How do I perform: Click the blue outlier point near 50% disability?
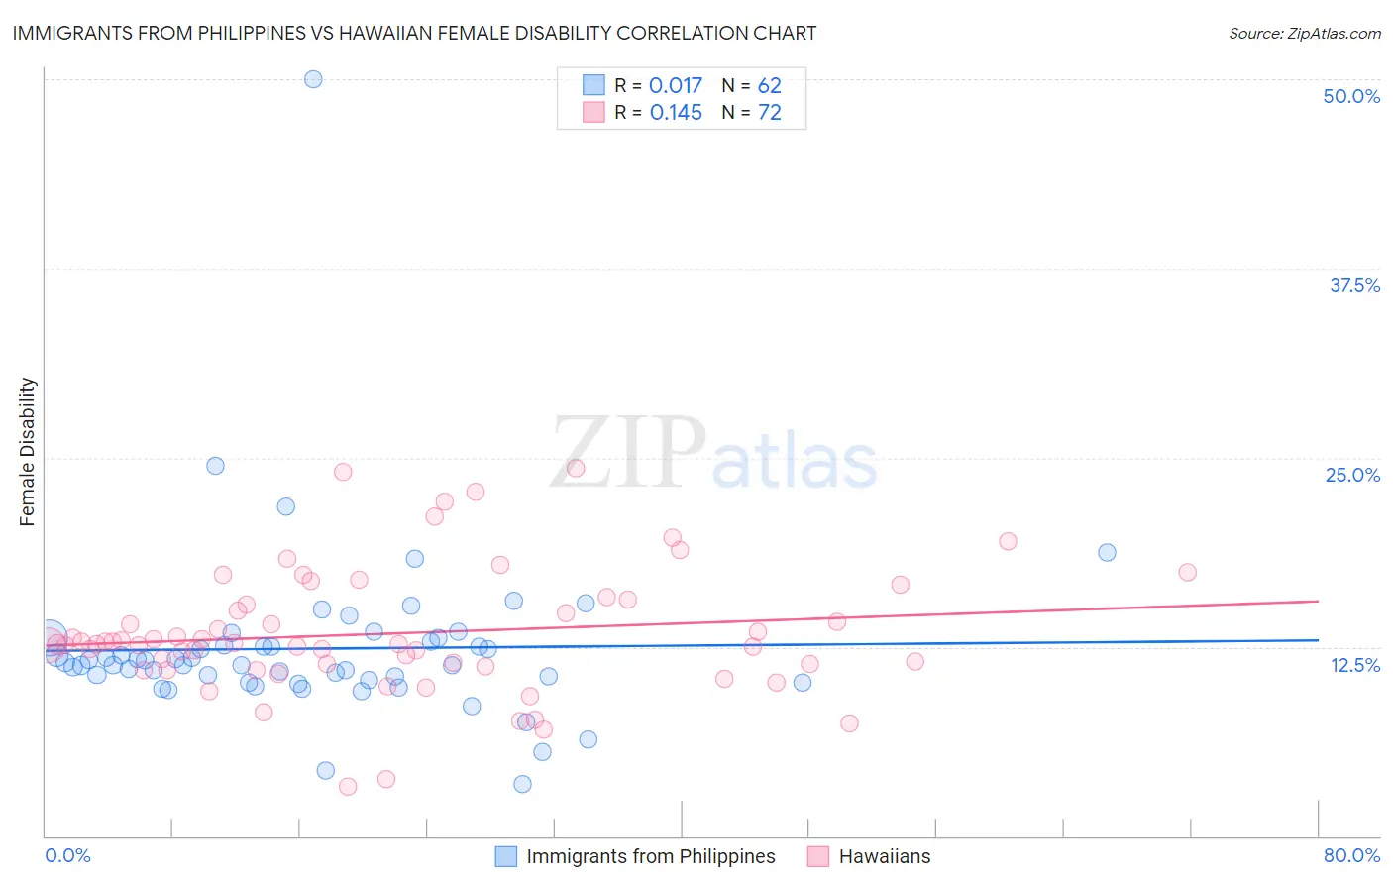click(313, 79)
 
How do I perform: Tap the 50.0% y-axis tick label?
click(1351, 96)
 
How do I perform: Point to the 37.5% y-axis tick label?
click(1354, 285)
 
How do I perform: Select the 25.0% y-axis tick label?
click(1352, 475)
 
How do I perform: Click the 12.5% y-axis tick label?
click(1354, 665)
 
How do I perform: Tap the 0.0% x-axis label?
click(67, 855)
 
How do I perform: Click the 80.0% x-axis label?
click(1351, 855)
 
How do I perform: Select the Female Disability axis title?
click(28, 452)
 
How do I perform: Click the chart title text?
click(414, 33)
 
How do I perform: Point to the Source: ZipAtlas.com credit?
click(1304, 34)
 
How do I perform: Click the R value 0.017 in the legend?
click(676, 86)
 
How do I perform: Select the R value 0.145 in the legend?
click(676, 113)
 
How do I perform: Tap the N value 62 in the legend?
click(770, 86)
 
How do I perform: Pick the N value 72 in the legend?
click(770, 113)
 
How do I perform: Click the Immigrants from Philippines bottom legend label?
click(650, 856)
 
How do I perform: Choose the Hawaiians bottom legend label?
click(885, 856)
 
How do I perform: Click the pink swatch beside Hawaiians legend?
click(817, 856)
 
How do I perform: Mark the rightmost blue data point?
click(1107, 553)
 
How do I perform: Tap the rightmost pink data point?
click(1187, 572)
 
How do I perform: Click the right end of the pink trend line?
click(1318, 601)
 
